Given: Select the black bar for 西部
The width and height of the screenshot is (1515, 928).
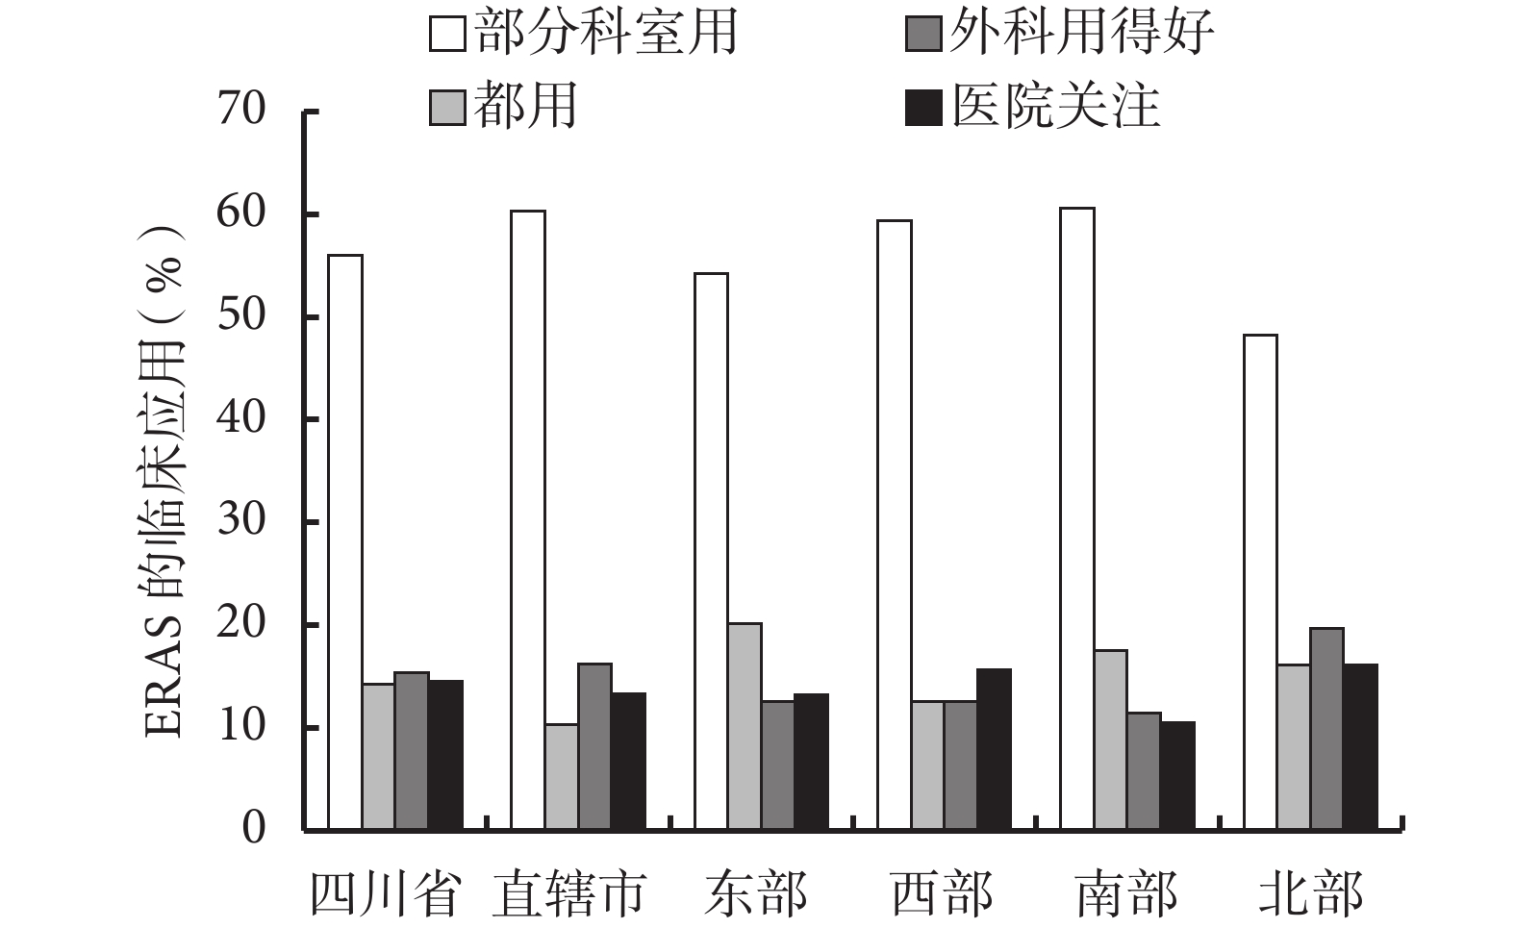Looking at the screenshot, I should coord(994,749).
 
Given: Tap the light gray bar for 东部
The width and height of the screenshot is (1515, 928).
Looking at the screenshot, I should coord(745,726).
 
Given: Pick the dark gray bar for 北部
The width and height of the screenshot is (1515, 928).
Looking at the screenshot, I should coord(1326,728).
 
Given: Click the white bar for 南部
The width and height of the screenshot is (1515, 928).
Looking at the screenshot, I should coord(1077,518).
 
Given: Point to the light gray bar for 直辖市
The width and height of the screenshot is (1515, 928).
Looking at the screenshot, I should coord(562,776).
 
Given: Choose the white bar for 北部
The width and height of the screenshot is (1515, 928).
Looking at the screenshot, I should coord(1260,582).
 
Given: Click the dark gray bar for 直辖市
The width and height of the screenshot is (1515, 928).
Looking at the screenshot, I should coord(594,746).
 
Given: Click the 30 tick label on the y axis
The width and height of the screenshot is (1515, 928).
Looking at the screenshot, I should coord(240,521).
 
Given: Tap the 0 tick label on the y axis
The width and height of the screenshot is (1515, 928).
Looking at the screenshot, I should coord(253,828).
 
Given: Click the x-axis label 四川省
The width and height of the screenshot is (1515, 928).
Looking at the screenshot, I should coord(384,894).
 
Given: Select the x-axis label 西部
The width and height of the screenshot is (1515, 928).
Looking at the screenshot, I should coord(942,894).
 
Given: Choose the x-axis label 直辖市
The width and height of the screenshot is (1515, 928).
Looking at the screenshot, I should coord(568,894).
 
